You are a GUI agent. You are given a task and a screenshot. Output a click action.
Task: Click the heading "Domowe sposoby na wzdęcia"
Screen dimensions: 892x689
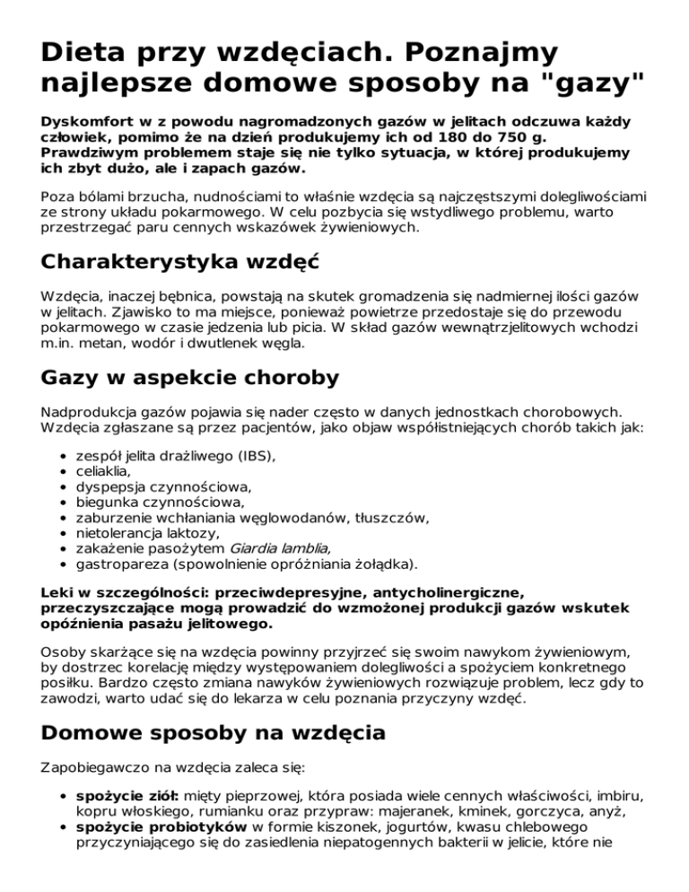[x=214, y=733]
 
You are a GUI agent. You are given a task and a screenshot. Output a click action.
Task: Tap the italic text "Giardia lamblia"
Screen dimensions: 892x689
[x=280, y=548]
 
